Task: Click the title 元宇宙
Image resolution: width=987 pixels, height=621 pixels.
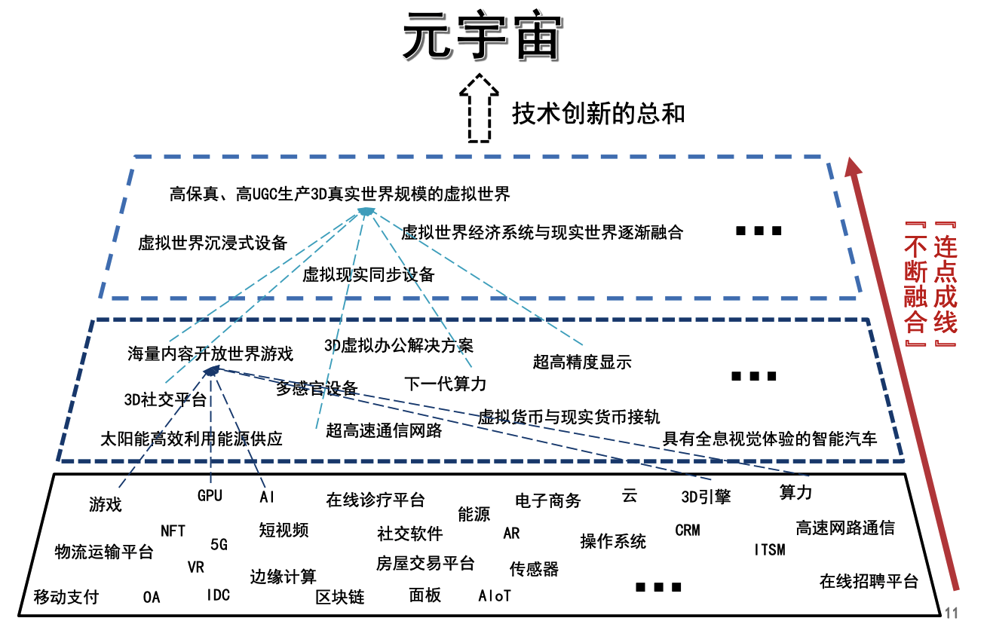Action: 483,36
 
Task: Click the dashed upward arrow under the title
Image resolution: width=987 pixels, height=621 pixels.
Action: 479,108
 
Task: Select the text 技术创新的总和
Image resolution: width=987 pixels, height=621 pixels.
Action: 598,114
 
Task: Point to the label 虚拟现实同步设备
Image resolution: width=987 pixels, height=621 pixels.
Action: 369,275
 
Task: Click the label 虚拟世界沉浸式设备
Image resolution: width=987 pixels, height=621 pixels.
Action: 213,243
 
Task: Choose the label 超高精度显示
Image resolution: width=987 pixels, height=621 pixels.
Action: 582,362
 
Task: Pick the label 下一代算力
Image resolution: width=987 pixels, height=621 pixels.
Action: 445,384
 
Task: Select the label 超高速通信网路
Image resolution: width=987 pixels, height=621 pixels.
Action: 384,430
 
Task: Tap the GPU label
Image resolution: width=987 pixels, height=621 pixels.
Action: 210,495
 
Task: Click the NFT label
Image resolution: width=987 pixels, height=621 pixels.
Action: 173,531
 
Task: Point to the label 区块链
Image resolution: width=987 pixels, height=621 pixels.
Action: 340,597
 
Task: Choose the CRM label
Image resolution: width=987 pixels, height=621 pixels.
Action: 688,531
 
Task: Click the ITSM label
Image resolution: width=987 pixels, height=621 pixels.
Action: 770,549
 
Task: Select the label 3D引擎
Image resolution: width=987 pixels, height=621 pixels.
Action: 706,497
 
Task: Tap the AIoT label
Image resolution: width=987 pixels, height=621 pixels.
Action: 495,596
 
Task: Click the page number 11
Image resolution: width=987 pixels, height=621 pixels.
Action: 952,613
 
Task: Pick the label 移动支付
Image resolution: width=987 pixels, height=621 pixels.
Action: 66,597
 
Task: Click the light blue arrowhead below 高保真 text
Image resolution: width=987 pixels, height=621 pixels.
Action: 366,212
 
